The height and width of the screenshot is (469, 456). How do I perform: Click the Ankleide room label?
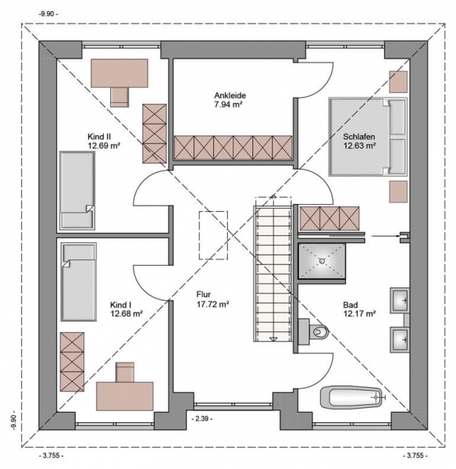tap(230, 95)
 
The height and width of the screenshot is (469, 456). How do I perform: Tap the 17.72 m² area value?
tap(212, 305)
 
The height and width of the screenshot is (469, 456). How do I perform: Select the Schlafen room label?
tap(359, 137)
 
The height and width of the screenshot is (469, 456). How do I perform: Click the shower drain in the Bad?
tap(322, 261)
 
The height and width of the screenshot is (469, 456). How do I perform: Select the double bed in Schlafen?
tap(368, 137)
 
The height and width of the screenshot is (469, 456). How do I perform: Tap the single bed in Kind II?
tap(77, 191)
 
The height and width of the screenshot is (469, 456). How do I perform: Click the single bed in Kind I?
tap(79, 281)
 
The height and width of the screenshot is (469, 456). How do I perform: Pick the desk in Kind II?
tap(119, 73)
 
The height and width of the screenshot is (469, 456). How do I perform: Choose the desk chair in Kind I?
tap(125, 372)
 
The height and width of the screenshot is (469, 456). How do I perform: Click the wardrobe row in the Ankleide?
tap(233, 148)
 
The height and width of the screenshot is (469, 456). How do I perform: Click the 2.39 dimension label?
tap(202, 418)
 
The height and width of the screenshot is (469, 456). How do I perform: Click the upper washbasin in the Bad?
tap(400, 300)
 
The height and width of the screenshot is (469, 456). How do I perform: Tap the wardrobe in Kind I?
tap(72, 362)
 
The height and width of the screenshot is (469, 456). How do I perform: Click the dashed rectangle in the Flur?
tap(213, 235)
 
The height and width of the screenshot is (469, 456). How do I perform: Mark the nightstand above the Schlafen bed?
tap(398, 82)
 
